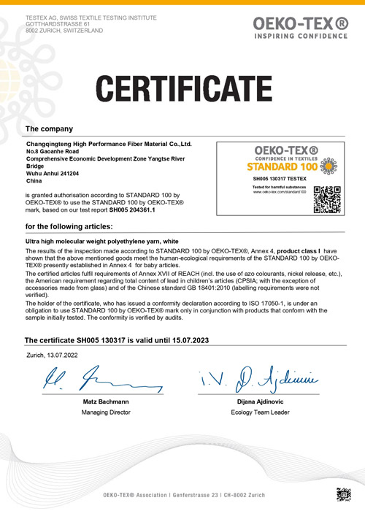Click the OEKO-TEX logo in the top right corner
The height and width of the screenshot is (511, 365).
(299, 28)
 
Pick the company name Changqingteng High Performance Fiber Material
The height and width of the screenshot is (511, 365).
(108, 145)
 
